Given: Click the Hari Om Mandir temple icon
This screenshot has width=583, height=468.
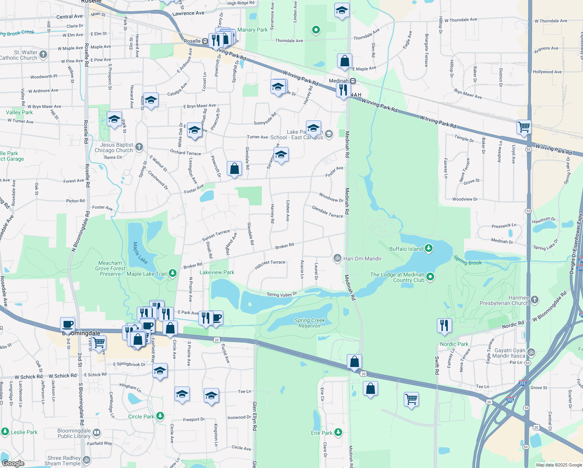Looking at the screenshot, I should (x=337, y=258).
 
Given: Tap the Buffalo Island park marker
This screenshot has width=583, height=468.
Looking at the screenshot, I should (x=429, y=248).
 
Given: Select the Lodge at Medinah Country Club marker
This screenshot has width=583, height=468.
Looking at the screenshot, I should (x=430, y=277).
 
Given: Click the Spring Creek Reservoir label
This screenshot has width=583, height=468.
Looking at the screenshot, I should (x=309, y=323).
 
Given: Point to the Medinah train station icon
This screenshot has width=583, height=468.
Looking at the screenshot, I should (x=353, y=81).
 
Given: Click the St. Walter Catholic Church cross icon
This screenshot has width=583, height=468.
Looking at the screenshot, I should (x=43, y=55).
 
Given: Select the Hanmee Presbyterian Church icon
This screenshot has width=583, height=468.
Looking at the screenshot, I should (x=535, y=300).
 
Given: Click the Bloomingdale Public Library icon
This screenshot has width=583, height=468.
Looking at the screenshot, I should (x=96, y=433).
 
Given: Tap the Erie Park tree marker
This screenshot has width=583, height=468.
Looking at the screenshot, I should (x=338, y=432).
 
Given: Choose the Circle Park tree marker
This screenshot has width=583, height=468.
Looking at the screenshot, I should (x=160, y=416).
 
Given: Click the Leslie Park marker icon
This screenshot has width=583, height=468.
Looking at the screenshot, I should (x=5, y=431).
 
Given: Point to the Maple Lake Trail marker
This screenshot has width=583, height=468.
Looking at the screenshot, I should (x=172, y=274).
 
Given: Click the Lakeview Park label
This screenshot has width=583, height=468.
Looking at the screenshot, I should (x=217, y=272).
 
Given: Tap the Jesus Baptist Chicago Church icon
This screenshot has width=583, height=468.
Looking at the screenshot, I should (x=139, y=147).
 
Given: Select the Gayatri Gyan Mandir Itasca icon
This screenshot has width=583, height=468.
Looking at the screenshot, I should (x=531, y=353).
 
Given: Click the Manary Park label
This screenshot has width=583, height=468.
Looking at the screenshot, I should (x=252, y=30).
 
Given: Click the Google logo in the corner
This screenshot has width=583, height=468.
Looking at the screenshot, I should (x=13, y=463).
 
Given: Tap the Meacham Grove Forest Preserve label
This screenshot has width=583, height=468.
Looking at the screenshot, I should (x=110, y=268).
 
